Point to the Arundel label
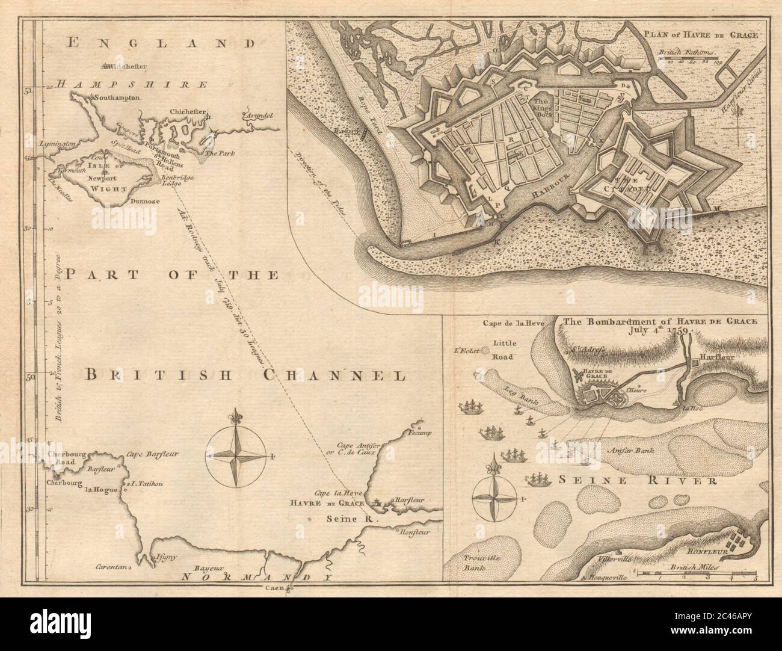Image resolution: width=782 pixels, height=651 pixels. [259, 114]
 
